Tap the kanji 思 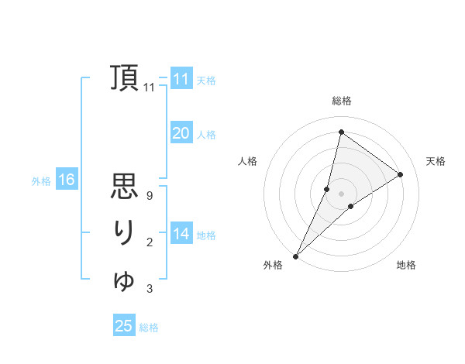tap(124, 187)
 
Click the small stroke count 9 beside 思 tap(149, 196)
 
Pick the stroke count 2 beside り tap(149, 242)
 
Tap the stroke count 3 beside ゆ tap(149, 289)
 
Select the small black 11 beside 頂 tap(150, 88)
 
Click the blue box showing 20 tap(181, 133)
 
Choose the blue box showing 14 tap(181, 234)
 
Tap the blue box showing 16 tap(66, 180)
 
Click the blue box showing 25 tap(124, 326)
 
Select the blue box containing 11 tap(181, 79)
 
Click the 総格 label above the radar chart tap(341, 101)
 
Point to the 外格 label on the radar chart tap(272, 266)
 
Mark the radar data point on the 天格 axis tap(401, 174)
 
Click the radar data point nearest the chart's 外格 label tap(295, 256)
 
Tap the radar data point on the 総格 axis tap(341, 132)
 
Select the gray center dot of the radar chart tap(341, 194)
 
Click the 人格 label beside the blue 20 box tap(206, 135)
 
